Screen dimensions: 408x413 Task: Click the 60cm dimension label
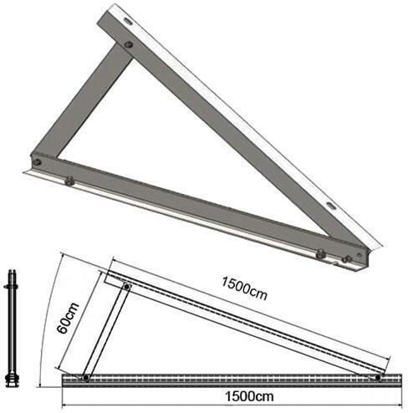coord(68,318)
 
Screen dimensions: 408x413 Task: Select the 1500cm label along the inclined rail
coord(244,288)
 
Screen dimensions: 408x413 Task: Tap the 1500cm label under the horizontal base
coord(249,396)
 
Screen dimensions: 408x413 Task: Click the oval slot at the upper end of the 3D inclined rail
coord(129,21)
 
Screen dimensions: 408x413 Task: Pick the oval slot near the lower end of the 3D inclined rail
coord(332,206)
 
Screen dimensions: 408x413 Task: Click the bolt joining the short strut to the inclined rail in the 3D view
coord(128,44)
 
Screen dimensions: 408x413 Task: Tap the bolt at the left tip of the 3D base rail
coord(37,161)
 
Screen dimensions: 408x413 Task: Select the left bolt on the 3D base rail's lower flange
coord(69,181)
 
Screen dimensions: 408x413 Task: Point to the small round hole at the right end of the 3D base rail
coord(360,254)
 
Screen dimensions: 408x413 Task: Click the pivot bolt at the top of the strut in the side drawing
coord(127,286)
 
